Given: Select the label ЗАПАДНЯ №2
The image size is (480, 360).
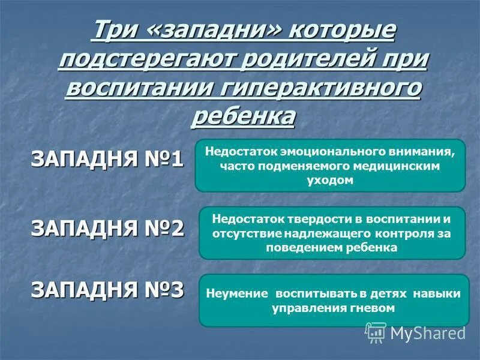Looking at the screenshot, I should pyautogui.click(x=107, y=229).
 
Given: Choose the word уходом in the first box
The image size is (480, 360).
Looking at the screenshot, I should pyautogui.click(x=330, y=180).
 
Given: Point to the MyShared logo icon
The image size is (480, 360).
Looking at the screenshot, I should pyautogui.click(x=376, y=332).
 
